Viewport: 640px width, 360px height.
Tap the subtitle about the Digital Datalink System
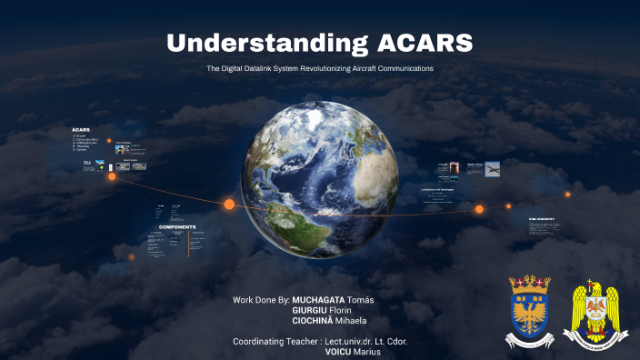pos(320,69)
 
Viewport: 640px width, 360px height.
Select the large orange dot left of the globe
pos(229,205)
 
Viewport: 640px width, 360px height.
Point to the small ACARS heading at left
pos(81,130)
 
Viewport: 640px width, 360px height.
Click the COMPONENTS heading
pos(177,226)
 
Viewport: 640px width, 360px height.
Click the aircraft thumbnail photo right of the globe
pos(492,169)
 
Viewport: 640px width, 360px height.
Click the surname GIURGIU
pos(309,310)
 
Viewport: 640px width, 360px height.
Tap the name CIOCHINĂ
pos(313,321)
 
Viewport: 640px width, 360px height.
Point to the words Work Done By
pos(260,300)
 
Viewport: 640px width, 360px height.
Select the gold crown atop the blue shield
pos(528,282)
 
